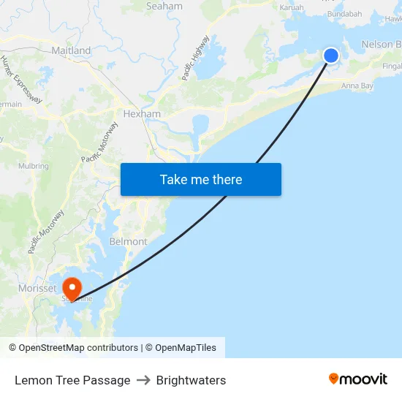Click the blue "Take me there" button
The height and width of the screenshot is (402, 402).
(201, 179)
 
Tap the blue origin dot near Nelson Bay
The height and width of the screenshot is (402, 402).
(331, 56)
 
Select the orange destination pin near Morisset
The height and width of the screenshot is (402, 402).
(72, 287)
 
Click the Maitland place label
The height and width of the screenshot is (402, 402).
(71, 50)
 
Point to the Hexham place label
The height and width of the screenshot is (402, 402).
(142, 114)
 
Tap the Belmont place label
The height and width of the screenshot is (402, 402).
(128, 241)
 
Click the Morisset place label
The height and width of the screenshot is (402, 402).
(37, 288)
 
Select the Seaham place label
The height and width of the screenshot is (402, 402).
(164, 6)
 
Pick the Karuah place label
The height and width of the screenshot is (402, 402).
(292, 7)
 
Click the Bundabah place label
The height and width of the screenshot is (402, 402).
(345, 14)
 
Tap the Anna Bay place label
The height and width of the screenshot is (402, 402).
(357, 86)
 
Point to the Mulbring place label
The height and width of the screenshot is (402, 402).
(34, 166)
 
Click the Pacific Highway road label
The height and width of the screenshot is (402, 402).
(196, 58)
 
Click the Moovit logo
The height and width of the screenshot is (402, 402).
(357, 379)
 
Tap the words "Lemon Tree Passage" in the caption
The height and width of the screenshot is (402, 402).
(72, 380)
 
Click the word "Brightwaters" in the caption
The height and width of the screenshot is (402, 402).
(191, 380)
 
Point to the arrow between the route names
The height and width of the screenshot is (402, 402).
(143, 380)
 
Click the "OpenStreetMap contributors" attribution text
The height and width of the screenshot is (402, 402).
(78, 348)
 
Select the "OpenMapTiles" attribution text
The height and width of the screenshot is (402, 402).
(186, 348)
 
